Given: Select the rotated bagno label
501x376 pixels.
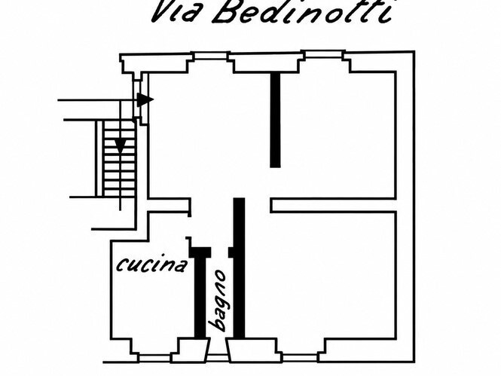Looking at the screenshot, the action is [217, 301].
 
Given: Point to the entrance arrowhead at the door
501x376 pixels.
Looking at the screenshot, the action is [145, 99].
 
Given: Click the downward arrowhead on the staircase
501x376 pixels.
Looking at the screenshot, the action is [120, 146].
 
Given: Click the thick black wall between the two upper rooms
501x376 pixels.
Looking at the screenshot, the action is [275, 120].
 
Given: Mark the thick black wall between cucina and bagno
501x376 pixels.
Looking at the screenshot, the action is [200, 292].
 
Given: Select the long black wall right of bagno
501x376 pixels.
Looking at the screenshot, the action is [239, 268].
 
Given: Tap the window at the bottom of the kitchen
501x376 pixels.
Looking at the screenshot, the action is [155, 359].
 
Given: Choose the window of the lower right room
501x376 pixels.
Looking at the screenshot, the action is [300, 358].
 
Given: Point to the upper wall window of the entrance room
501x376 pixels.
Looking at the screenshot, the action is [211, 56].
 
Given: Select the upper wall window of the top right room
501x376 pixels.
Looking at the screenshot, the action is [324, 54].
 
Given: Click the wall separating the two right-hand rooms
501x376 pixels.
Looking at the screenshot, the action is [333, 206].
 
